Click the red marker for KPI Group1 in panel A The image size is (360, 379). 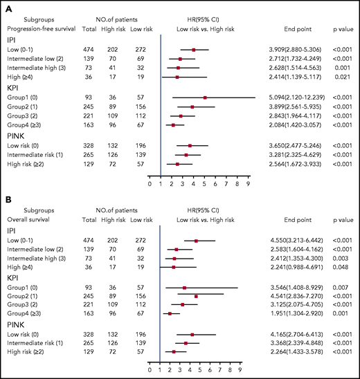204,98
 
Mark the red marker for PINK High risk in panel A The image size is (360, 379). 177,165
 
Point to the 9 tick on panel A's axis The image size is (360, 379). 248,184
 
